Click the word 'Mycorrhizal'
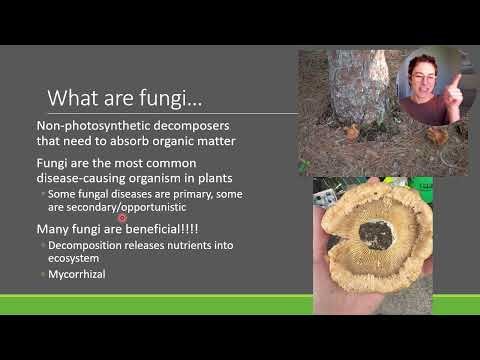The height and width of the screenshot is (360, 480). click(x=77, y=274)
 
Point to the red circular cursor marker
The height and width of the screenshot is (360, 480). click(x=123, y=217)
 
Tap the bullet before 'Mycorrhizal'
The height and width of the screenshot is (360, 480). click(x=43, y=274)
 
